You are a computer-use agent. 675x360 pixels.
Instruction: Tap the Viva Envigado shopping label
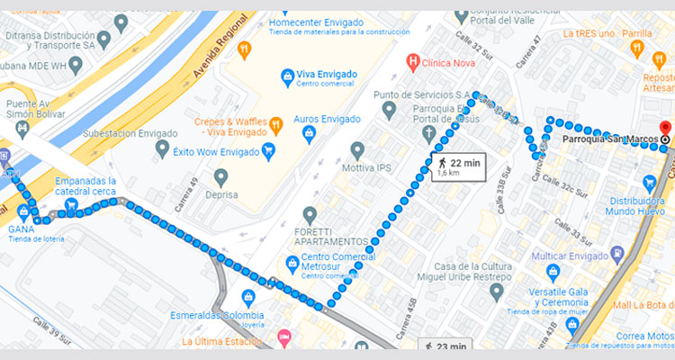(327, 75)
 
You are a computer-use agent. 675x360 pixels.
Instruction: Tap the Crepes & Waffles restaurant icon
(276, 122)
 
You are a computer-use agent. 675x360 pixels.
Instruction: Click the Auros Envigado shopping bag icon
(309, 135)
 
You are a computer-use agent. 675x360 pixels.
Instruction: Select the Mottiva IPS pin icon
(357, 150)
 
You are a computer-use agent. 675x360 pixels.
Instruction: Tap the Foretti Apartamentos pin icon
(310, 215)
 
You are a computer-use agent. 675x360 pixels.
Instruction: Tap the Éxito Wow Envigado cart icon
(266, 152)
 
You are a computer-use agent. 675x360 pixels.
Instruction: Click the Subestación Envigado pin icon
(162, 148)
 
